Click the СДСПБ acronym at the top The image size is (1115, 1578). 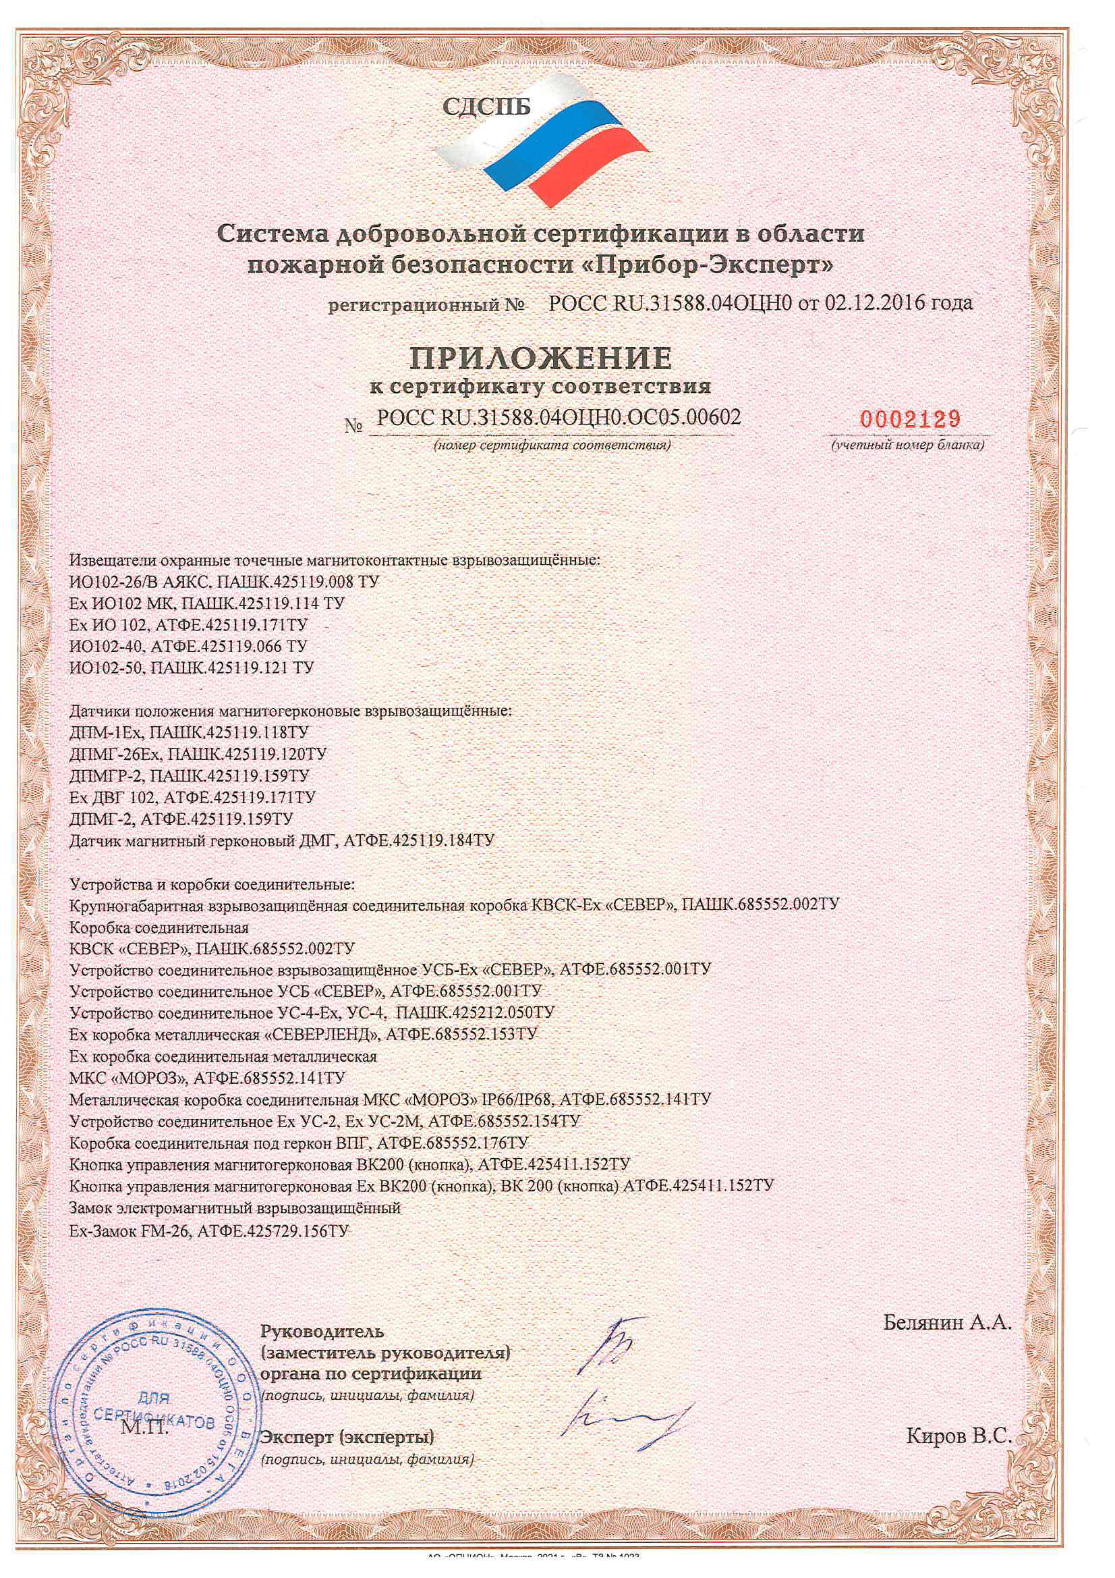point(486,107)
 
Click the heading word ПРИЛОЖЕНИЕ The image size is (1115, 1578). point(542,358)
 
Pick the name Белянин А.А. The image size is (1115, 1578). point(947,1322)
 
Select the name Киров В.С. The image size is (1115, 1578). point(959,1435)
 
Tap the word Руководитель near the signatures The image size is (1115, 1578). point(322,1331)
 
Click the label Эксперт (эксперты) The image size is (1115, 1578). point(347,1436)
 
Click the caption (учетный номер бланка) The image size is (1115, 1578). point(909,445)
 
